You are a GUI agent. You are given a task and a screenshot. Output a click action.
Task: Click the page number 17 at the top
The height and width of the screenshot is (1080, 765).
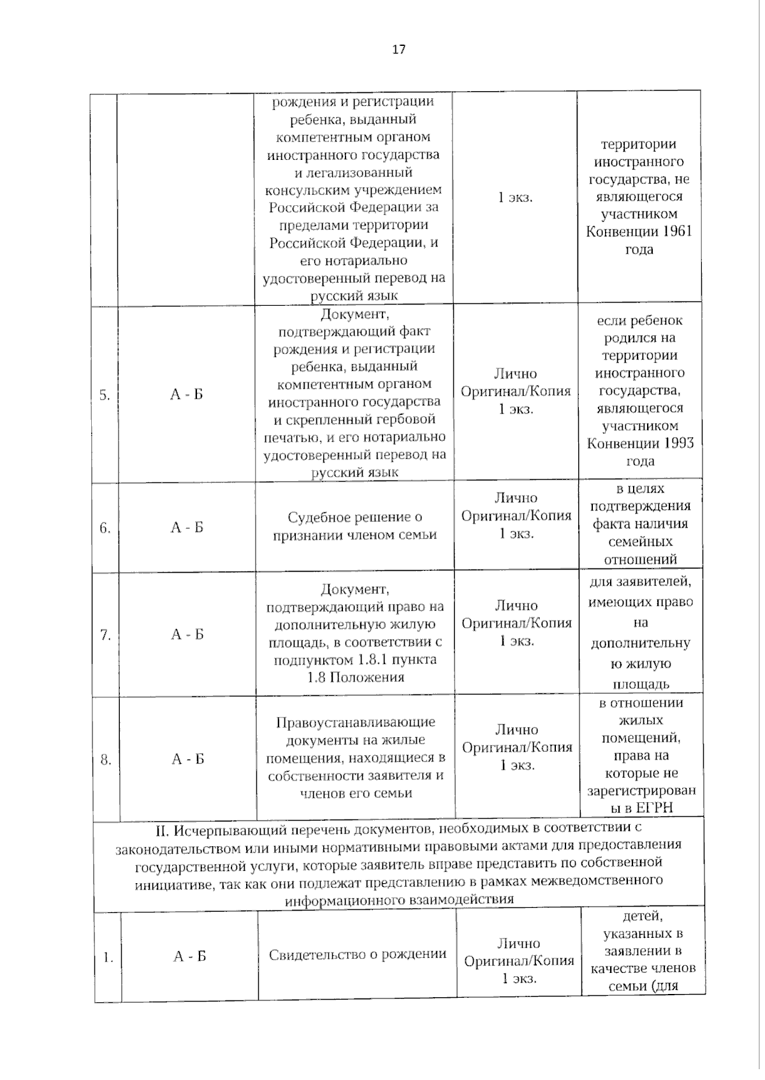click(398, 50)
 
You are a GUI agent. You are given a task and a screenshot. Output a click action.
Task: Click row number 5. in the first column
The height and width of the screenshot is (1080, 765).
click(105, 395)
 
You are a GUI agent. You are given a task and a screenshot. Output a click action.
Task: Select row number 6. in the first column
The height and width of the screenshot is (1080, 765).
click(105, 528)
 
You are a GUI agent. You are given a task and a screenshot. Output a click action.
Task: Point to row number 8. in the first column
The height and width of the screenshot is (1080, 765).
click(106, 760)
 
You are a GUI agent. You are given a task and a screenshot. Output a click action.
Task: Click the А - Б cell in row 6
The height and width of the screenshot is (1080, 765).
click(187, 528)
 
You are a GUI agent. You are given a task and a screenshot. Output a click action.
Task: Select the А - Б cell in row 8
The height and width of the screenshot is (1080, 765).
click(188, 759)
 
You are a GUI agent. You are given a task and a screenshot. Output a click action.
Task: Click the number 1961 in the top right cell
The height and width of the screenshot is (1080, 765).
click(677, 232)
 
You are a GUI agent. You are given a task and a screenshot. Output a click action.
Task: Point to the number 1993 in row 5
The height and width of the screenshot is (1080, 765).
click(678, 443)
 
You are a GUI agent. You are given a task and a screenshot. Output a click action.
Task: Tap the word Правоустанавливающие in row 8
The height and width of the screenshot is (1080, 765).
click(356, 723)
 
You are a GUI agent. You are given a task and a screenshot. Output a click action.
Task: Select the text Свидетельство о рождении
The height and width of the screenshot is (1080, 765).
click(358, 954)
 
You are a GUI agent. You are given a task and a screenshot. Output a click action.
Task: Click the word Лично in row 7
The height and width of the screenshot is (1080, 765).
click(516, 605)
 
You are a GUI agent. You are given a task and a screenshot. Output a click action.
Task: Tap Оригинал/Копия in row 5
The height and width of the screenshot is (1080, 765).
click(516, 391)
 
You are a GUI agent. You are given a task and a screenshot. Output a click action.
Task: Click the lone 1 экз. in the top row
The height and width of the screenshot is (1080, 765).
click(515, 198)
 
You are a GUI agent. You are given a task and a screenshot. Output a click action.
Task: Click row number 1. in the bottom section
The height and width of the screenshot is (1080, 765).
click(108, 957)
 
